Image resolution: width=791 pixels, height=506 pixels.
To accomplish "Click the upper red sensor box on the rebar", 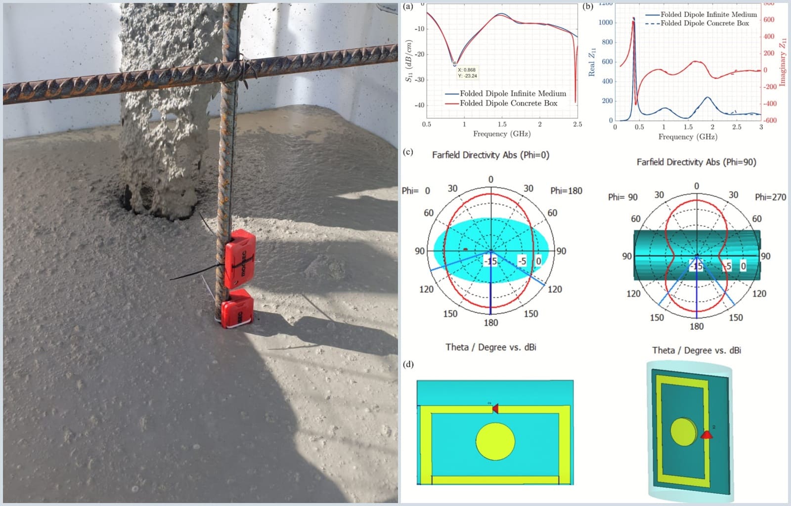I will click(x=240, y=259).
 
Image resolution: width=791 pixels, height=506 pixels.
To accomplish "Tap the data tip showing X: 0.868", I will click(x=467, y=73).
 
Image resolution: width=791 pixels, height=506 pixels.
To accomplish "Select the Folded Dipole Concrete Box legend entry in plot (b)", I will click(x=704, y=23).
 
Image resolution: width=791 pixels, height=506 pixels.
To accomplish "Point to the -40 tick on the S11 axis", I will click(x=419, y=105).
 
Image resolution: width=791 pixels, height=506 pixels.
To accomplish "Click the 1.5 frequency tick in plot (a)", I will click(x=502, y=125).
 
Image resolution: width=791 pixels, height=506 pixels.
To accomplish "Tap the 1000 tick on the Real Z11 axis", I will click(x=606, y=23).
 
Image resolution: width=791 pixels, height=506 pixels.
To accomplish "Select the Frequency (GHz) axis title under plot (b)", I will click(x=688, y=137).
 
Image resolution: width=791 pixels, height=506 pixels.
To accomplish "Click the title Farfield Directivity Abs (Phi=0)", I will click(x=490, y=155).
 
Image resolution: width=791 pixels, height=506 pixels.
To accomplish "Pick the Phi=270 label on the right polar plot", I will click(x=770, y=197).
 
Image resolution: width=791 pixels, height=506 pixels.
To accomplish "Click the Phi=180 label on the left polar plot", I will click(x=566, y=191).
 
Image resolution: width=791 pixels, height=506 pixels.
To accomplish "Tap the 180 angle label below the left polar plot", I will click(x=491, y=323).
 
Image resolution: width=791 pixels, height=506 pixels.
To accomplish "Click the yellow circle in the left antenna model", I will click(x=495, y=441).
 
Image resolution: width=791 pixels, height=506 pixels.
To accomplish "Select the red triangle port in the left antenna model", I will click(x=495, y=408).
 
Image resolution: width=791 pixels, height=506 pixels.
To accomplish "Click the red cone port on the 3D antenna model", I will click(x=707, y=435).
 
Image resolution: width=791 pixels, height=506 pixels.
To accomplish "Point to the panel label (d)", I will click(x=408, y=365).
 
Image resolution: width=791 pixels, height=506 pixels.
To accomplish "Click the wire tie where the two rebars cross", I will click(x=241, y=67).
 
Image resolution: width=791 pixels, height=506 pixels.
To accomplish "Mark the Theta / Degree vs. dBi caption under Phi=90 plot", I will click(x=696, y=350).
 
